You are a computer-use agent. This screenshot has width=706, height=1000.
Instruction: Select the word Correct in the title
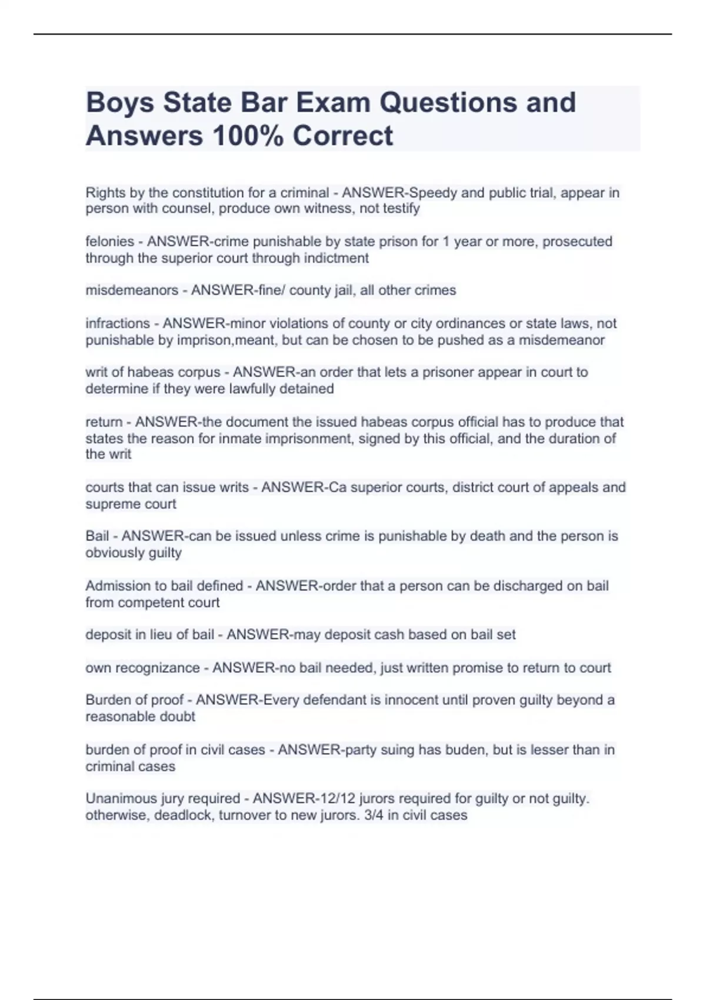click(x=342, y=135)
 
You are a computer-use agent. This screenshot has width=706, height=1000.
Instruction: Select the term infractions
click(x=118, y=324)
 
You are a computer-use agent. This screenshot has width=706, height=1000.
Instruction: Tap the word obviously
click(x=113, y=553)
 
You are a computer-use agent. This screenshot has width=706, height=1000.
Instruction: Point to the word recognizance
click(x=157, y=668)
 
